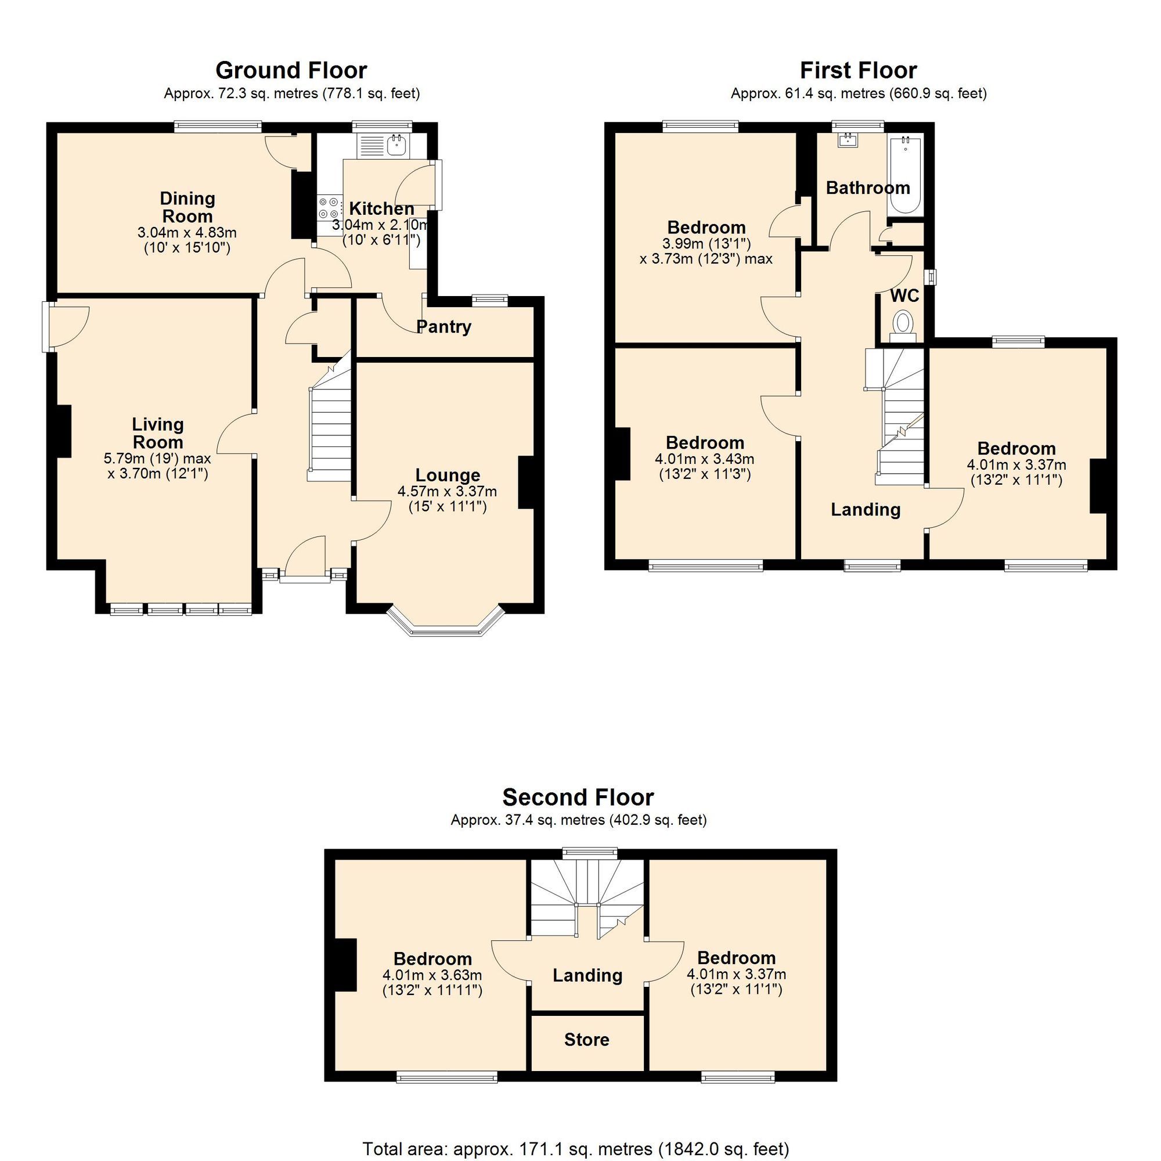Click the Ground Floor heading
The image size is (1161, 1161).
click(x=291, y=70)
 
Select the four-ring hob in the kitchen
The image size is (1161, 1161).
click(x=329, y=208)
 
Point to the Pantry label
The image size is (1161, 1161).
click(x=444, y=327)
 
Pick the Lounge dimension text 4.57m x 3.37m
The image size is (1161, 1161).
click(x=447, y=492)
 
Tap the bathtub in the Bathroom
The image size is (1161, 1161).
click(x=906, y=175)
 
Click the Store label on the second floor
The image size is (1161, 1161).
click(x=586, y=1040)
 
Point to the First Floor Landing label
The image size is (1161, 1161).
click(x=866, y=510)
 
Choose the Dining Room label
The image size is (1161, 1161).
click(x=187, y=207)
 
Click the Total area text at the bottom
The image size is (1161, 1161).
click(x=575, y=1149)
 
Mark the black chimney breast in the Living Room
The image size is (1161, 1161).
click(x=64, y=431)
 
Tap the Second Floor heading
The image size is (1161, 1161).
click(x=578, y=797)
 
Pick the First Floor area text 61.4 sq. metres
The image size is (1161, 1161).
click(x=858, y=93)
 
